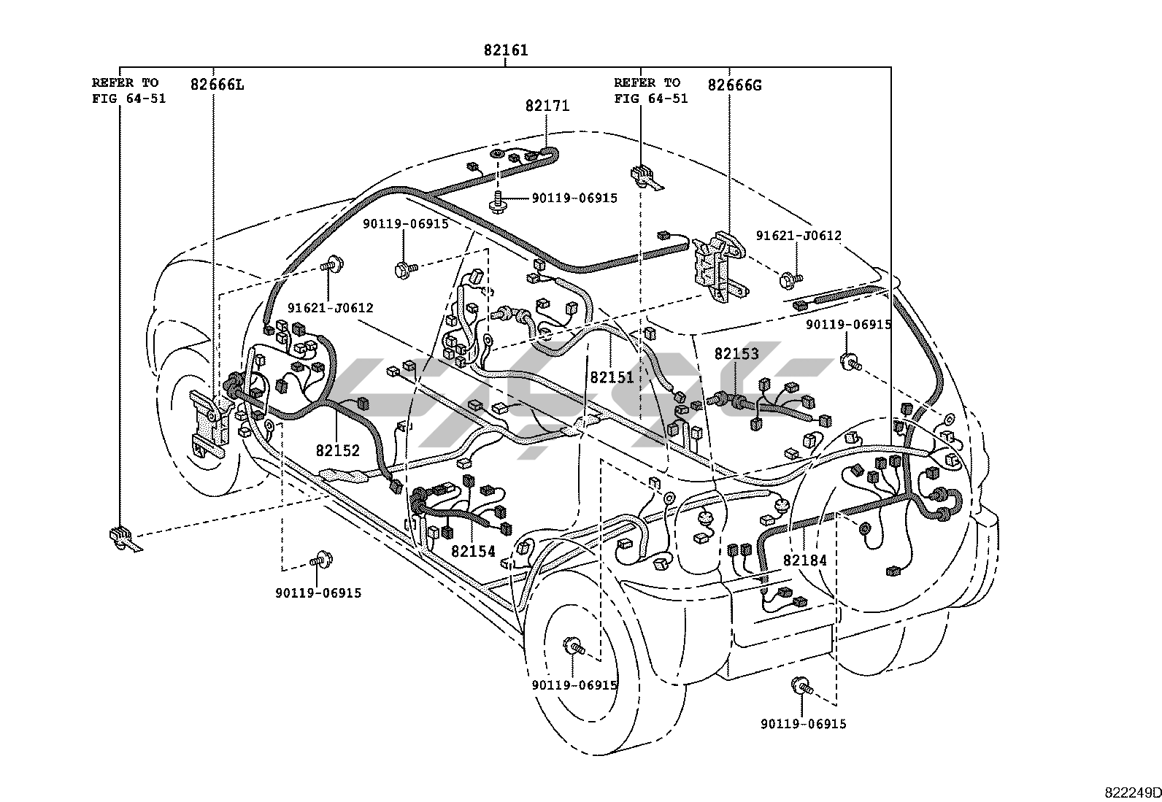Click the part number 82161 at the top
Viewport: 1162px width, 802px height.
(506, 50)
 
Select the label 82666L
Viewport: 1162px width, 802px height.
(217, 85)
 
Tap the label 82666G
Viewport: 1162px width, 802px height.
(734, 85)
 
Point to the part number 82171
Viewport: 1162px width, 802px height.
(547, 106)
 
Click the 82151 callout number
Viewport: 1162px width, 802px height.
(612, 378)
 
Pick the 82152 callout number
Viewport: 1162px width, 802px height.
(338, 450)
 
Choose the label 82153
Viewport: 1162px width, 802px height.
(736, 354)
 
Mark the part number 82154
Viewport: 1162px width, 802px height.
(473, 552)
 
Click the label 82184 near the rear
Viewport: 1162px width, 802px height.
(804, 560)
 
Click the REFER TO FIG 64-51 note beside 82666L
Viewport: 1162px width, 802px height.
(128, 90)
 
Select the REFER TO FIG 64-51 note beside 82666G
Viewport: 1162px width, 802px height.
(651, 90)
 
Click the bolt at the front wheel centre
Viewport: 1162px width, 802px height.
(574, 647)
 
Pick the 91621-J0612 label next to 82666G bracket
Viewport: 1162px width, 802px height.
(799, 236)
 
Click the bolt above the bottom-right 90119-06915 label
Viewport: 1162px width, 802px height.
(801, 686)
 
